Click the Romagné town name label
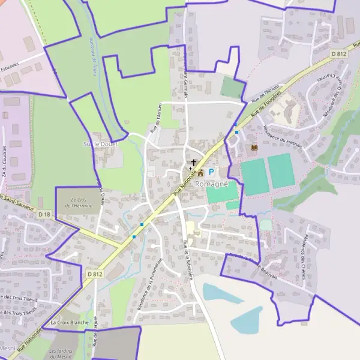pos(211,184)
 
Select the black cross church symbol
pos(193,162)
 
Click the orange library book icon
pos(253,148)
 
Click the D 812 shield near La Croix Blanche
pos(94,274)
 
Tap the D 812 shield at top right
pos(339,54)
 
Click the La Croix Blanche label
pos(70,322)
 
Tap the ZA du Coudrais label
pos(7,161)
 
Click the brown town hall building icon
pos(200,173)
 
